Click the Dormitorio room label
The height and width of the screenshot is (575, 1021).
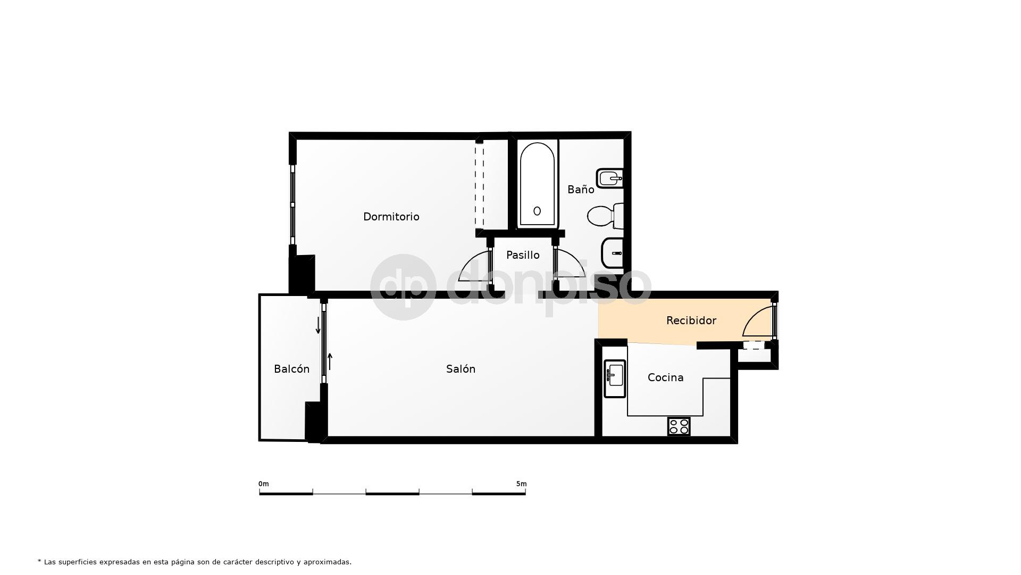[x=391, y=217]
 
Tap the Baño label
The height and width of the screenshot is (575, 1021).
[x=580, y=190]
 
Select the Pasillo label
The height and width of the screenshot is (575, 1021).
[x=523, y=255]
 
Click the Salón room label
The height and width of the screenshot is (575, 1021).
[x=461, y=369]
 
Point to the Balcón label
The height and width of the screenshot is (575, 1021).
[x=291, y=369]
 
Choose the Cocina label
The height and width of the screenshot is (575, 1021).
[x=665, y=377]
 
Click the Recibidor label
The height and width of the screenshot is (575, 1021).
[x=691, y=321]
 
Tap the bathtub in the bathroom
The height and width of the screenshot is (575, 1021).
[x=537, y=184]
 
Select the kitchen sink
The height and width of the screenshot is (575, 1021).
[x=615, y=378]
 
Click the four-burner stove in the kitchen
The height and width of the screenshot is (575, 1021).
[x=679, y=426]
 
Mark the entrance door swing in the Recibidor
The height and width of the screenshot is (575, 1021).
[x=756, y=323]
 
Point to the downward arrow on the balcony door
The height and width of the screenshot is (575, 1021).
[x=319, y=325]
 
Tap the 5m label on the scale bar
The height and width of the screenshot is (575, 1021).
[x=521, y=484]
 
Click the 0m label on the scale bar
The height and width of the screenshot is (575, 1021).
[x=263, y=484]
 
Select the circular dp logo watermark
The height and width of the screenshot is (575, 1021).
[x=403, y=287]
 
